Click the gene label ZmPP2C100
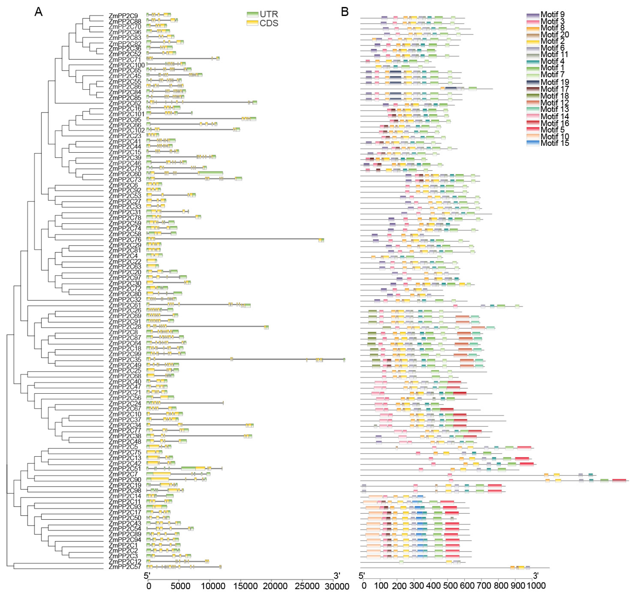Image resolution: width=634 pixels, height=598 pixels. click(127, 65)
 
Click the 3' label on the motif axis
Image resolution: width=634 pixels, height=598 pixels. click(536, 576)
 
